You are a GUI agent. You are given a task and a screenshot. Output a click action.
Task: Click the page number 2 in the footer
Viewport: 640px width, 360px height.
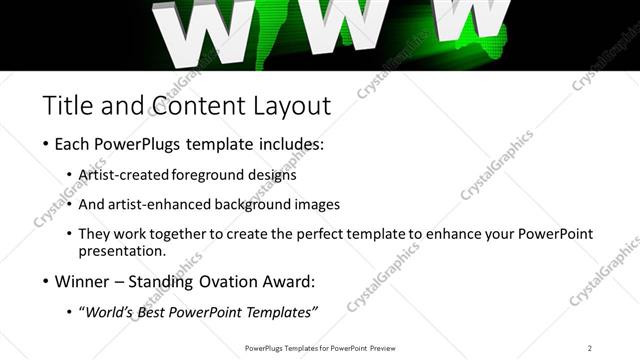point(590,347)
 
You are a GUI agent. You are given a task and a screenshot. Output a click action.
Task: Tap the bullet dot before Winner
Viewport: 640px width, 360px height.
point(46,281)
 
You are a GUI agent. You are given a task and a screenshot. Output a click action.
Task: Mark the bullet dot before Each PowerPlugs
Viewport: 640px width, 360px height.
point(46,144)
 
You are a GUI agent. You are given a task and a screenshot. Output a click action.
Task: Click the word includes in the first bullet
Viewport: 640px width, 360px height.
point(290,144)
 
